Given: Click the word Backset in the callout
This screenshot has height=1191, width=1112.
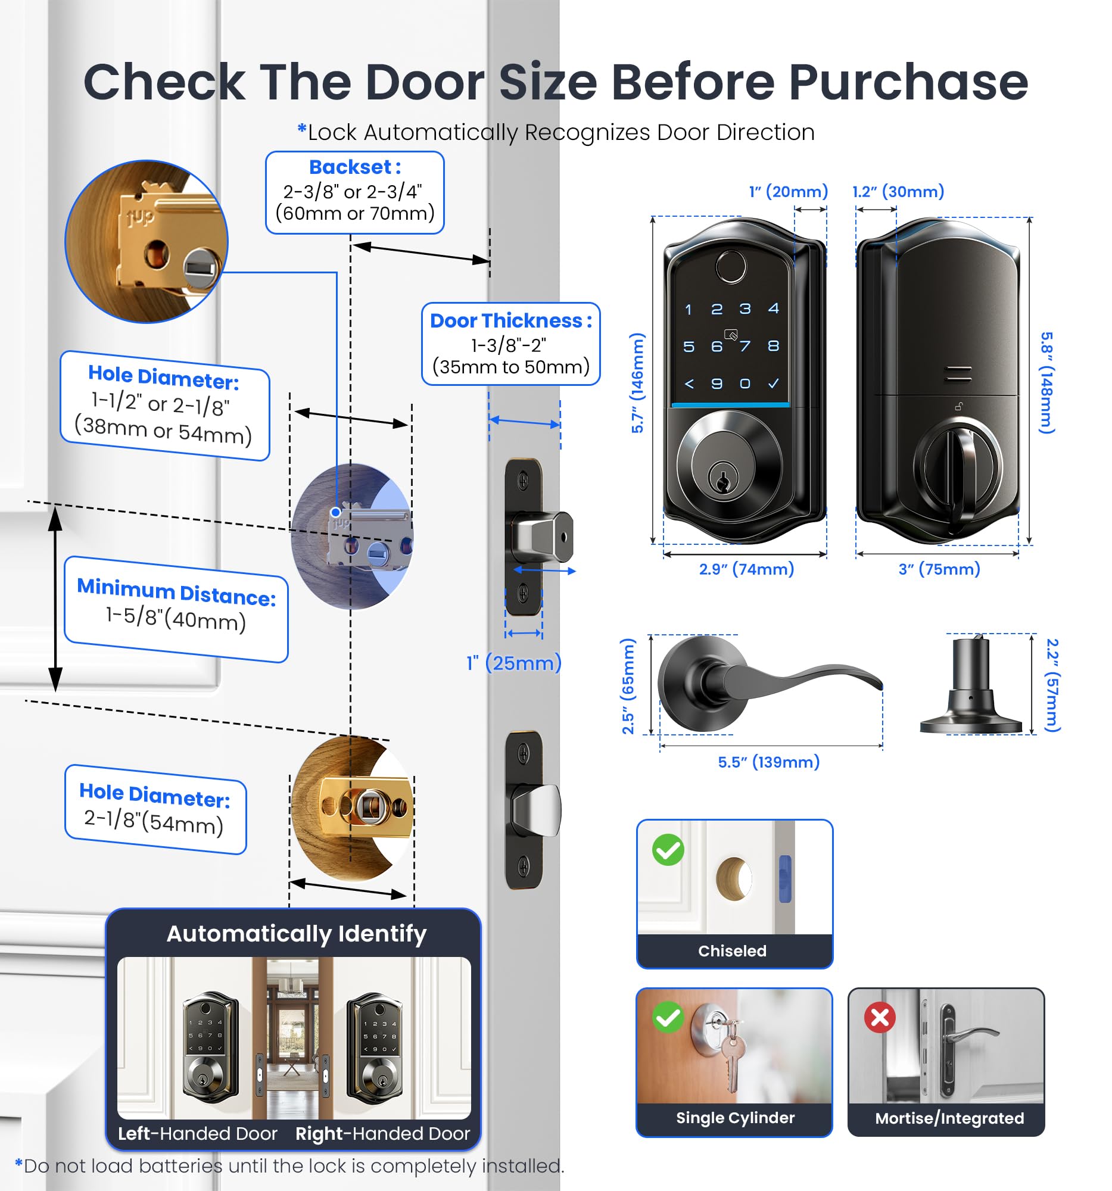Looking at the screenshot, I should point(350,167).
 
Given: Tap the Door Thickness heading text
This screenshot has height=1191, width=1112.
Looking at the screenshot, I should point(510,320).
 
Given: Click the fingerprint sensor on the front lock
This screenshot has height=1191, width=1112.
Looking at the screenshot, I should point(730,266).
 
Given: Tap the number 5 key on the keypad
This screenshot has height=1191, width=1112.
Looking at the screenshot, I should point(689,347).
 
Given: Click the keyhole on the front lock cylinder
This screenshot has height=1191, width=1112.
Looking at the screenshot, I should point(723,479).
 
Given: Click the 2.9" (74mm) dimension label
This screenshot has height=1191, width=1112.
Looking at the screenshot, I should point(746,569).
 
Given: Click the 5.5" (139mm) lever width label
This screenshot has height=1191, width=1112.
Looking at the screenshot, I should point(768,762).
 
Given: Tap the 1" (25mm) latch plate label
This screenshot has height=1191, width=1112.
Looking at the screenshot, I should point(513,663).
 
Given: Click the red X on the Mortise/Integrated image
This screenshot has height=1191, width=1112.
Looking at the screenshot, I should point(879,1017).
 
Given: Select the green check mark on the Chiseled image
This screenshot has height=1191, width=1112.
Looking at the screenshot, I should point(668,850).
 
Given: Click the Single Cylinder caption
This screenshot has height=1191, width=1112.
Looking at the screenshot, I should point(734,1117).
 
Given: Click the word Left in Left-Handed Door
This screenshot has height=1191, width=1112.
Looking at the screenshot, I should point(133,1133).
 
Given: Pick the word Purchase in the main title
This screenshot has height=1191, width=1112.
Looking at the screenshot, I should point(908,82).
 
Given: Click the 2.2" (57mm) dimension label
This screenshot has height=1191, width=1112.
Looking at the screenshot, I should point(1052,685).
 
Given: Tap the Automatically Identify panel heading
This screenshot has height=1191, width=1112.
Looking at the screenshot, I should point(296,933).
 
